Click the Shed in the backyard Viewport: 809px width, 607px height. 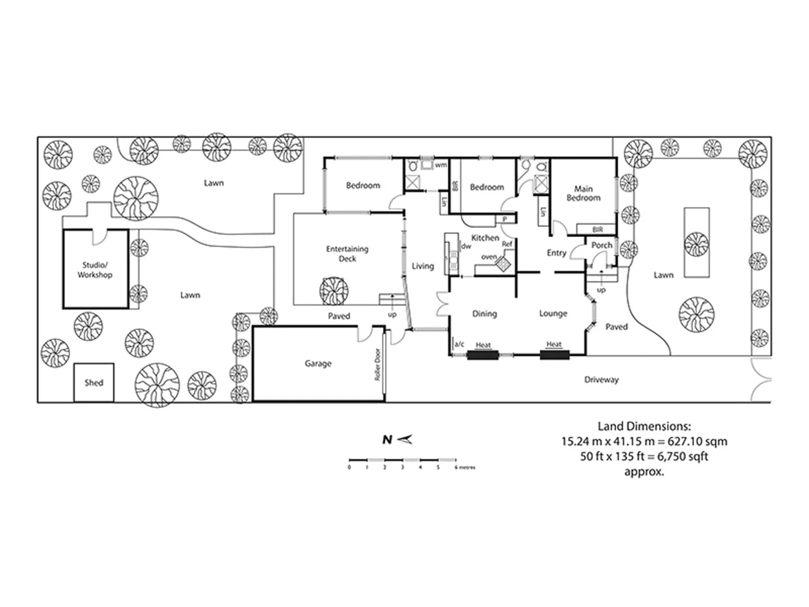(x=94, y=383)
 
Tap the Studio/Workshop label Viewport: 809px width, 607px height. (x=95, y=270)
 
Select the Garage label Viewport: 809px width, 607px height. (x=318, y=364)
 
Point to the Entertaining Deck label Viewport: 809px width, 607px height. (x=347, y=253)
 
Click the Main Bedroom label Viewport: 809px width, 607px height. (x=583, y=193)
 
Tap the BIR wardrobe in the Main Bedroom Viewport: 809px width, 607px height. (x=597, y=229)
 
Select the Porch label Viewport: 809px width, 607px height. (x=602, y=245)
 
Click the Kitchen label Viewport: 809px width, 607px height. (x=485, y=238)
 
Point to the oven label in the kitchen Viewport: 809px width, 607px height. (x=489, y=257)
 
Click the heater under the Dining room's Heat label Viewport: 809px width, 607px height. (x=483, y=355)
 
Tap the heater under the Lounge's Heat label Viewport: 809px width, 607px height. (x=555, y=355)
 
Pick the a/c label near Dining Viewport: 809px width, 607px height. (x=459, y=345)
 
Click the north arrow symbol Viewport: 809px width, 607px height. (x=404, y=440)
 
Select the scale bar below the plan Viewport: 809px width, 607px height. (x=402, y=460)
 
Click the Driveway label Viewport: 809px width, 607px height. (x=601, y=380)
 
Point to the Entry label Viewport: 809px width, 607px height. (x=556, y=253)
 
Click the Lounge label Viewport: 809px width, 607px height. (x=553, y=314)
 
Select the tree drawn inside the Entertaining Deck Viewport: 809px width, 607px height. (x=333, y=289)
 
